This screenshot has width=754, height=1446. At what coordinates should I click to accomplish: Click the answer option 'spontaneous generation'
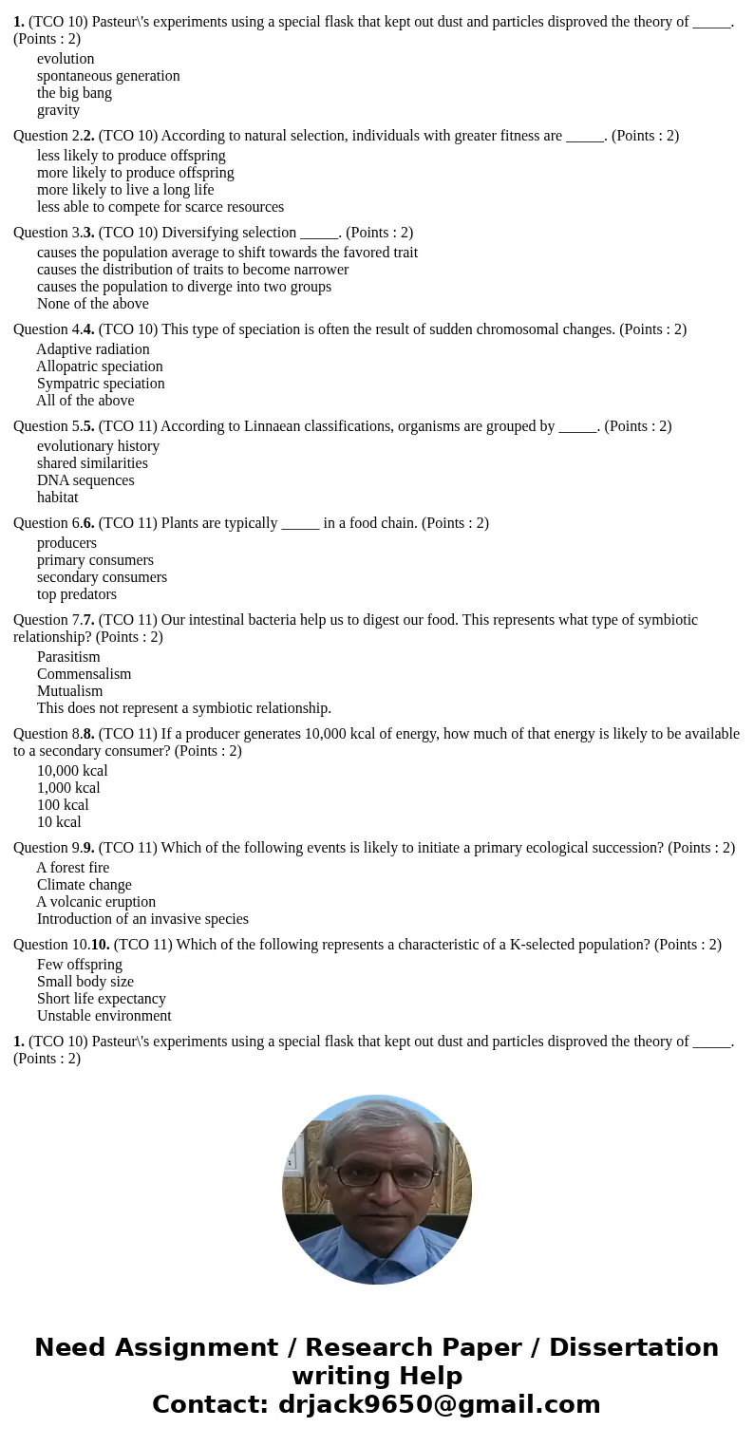pyautogui.click(x=108, y=76)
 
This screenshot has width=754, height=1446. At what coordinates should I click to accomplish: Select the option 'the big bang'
pyautogui.click(x=74, y=93)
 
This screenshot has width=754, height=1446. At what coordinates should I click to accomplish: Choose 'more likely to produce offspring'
pyautogui.click(x=135, y=173)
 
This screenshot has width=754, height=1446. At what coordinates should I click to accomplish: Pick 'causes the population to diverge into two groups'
pyautogui.click(x=184, y=287)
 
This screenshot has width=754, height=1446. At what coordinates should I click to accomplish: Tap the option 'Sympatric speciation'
pyautogui.click(x=101, y=384)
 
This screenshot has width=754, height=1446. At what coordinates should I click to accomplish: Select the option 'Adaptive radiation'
pyautogui.click(x=93, y=349)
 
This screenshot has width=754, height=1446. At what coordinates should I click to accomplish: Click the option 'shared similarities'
pyautogui.click(x=92, y=463)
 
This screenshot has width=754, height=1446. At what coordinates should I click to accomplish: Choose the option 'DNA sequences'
pyautogui.click(x=85, y=480)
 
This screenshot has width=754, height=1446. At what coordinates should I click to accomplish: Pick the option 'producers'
pyautogui.click(x=66, y=543)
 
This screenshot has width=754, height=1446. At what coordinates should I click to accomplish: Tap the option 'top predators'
pyautogui.click(x=77, y=594)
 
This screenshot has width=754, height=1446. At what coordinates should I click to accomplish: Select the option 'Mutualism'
pyautogui.click(x=69, y=691)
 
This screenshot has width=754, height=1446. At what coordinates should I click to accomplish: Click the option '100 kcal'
pyautogui.click(x=63, y=805)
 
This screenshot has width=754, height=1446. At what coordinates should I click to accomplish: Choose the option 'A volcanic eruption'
pyautogui.click(x=96, y=902)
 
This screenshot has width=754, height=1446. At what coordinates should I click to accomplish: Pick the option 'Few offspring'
pyautogui.click(x=80, y=965)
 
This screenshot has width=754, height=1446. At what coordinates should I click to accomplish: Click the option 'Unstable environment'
pyautogui.click(x=104, y=1016)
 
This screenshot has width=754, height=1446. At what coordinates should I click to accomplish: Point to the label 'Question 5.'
pyautogui.click(x=47, y=426)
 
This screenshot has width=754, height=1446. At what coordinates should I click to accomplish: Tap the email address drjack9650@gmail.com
pyautogui.click(x=439, y=1404)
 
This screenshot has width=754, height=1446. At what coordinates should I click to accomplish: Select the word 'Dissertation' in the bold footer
pyautogui.click(x=633, y=1347)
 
